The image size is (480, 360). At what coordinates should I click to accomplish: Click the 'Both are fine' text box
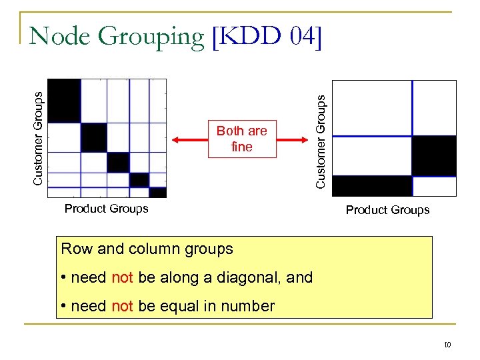click(241, 139)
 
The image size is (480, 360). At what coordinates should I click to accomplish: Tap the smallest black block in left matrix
click(158, 193)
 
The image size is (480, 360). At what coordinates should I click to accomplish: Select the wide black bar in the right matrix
click(371, 186)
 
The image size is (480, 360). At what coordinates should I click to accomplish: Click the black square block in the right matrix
click(434, 155)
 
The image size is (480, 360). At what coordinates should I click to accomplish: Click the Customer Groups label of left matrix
click(39, 138)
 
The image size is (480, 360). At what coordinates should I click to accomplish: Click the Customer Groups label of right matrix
click(321, 141)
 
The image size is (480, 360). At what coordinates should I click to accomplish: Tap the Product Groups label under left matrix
click(106, 209)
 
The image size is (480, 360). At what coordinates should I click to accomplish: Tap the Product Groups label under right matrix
click(387, 210)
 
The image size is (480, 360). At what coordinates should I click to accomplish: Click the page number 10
click(447, 345)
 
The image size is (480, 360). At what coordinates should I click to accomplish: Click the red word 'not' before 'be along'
click(123, 277)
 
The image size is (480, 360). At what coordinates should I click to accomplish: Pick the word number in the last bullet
click(249, 307)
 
